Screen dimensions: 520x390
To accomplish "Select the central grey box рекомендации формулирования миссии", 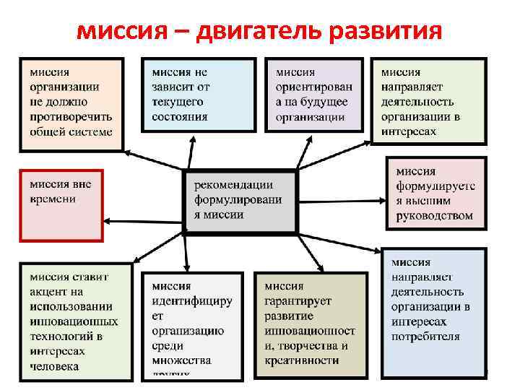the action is [x=240, y=201].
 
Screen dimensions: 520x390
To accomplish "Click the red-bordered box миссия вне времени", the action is [x=61, y=204].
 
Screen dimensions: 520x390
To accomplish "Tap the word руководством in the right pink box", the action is [x=434, y=215].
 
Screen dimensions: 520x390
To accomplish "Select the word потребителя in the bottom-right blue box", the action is [x=425, y=336].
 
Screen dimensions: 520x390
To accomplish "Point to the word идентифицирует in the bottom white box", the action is [x=192, y=300].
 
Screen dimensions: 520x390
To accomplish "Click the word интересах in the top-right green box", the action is [x=409, y=131].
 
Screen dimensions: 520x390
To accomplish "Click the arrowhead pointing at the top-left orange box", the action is [x=127, y=152].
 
